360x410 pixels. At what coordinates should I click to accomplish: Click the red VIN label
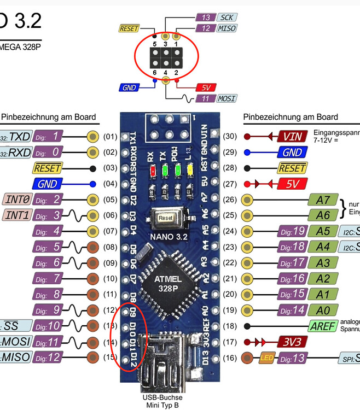coord(293,137)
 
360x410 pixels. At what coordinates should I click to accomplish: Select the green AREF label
coord(323,326)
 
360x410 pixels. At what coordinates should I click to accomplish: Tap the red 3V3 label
coord(293,342)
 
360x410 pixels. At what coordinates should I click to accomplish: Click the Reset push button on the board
coord(165,218)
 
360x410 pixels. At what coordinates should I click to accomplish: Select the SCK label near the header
coord(225,18)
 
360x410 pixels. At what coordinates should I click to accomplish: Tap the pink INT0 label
coord(18,200)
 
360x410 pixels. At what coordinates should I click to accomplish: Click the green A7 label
coord(323,200)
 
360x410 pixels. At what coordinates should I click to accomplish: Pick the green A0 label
coord(323,311)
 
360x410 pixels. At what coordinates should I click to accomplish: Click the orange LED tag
coord(267,358)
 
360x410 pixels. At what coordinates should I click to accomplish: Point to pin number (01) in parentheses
coord(111,137)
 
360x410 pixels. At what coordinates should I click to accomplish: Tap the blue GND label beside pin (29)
coord(293,153)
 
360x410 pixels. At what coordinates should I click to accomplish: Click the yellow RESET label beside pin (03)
coord(48,168)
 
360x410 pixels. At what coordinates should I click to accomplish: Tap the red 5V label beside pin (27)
coord(293,184)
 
